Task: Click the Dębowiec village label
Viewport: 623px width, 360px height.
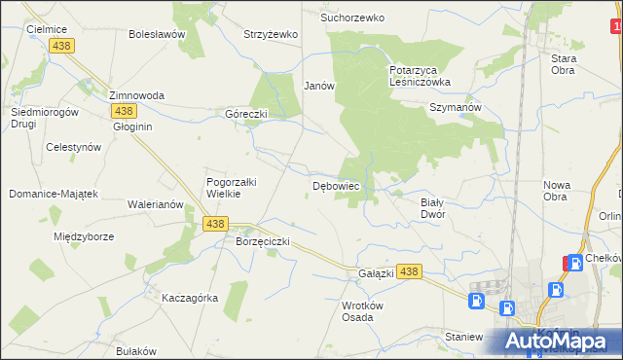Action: (336, 184)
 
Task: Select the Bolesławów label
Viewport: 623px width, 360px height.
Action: (157, 34)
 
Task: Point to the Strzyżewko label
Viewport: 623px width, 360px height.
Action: (270, 34)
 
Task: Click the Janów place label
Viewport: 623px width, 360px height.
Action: (318, 86)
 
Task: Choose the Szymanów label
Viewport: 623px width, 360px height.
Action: (456, 108)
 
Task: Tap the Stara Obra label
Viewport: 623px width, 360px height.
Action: (564, 64)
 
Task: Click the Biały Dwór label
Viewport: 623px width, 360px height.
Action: (432, 208)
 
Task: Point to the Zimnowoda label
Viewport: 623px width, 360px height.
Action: (136, 95)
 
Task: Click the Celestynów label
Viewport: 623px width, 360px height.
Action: (74, 147)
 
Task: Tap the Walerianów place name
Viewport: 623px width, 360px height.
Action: (156, 205)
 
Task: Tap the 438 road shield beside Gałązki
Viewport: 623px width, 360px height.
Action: (409, 272)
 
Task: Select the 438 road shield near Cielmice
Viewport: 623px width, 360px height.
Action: (63, 47)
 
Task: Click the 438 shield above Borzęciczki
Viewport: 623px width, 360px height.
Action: (216, 224)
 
